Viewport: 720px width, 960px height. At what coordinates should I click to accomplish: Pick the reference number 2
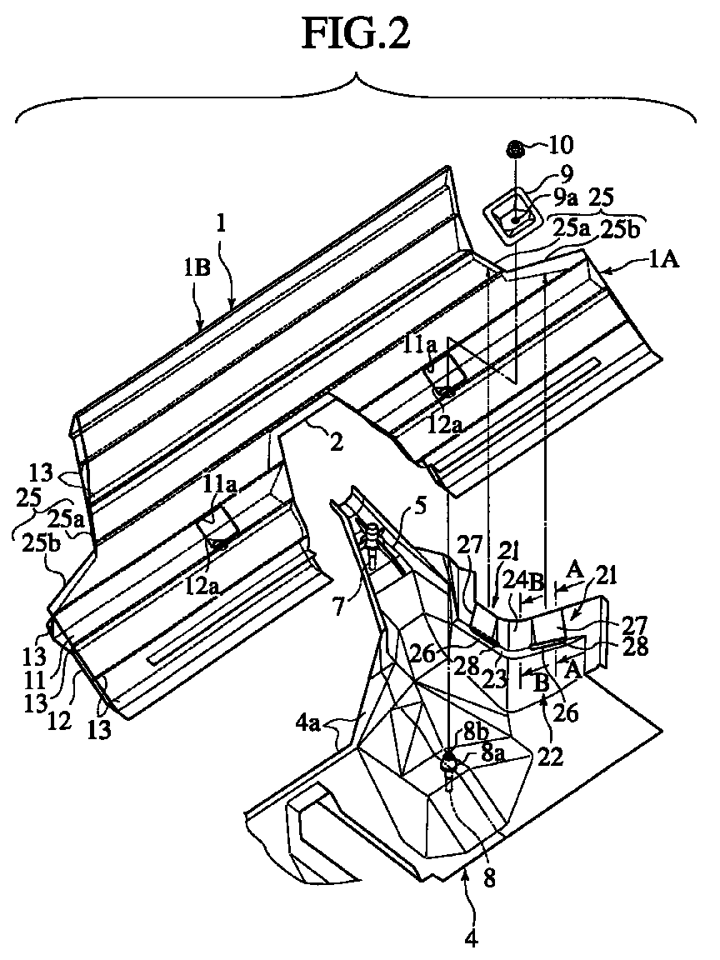click(x=336, y=442)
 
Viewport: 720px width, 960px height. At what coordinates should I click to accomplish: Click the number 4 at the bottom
click(x=472, y=937)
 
